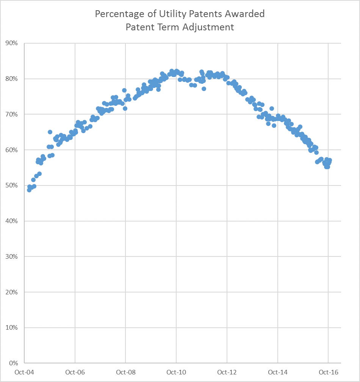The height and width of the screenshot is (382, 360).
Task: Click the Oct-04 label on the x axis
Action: point(24,372)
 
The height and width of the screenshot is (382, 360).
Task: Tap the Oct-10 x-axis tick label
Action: point(176,372)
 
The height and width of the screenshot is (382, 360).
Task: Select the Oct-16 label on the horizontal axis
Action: point(328,372)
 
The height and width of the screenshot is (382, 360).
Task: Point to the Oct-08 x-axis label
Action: point(125,372)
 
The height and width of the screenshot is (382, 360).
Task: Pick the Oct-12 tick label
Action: point(227,372)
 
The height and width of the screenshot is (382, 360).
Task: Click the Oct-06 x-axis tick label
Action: point(75,372)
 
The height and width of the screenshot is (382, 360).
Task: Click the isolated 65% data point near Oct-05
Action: point(50,132)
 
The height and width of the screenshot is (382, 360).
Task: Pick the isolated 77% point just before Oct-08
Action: point(124,90)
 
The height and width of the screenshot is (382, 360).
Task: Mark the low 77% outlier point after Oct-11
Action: point(204,89)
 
